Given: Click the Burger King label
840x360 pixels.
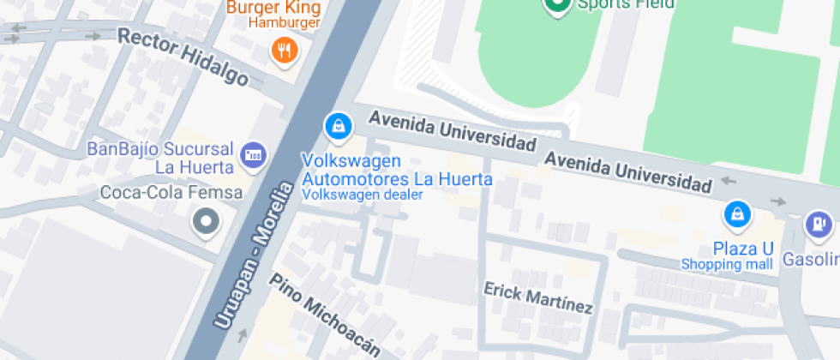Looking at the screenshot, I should click(x=272, y=7).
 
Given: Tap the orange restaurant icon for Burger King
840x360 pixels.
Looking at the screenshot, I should click(x=284, y=50).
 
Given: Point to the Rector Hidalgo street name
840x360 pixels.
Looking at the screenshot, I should click(x=183, y=57).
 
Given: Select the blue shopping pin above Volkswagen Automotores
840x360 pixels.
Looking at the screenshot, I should click(x=339, y=127).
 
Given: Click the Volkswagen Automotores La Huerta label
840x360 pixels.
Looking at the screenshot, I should click(x=398, y=171).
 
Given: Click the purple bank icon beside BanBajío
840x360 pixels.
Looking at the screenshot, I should click(x=253, y=155).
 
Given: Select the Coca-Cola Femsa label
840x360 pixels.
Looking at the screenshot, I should click(x=171, y=193).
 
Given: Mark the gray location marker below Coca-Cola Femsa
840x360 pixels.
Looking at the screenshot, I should click(x=206, y=223).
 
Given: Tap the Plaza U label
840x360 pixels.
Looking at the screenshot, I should click(x=743, y=249).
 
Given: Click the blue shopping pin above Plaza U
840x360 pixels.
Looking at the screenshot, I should click(x=736, y=214).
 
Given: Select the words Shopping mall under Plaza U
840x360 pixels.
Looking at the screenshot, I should click(x=727, y=265).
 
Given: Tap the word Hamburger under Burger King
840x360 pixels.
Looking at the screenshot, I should click(x=284, y=23).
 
